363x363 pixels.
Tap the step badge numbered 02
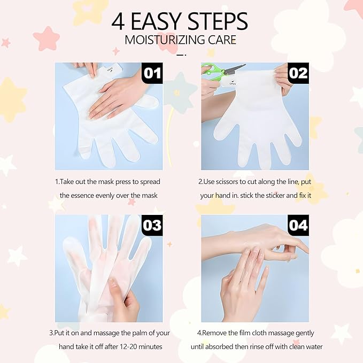tap(298, 73)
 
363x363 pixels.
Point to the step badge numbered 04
tap(298, 226)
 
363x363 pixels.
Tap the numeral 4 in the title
tap(119, 21)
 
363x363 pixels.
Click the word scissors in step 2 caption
tap(235, 182)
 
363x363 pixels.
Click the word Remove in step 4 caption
tap(220, 333)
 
